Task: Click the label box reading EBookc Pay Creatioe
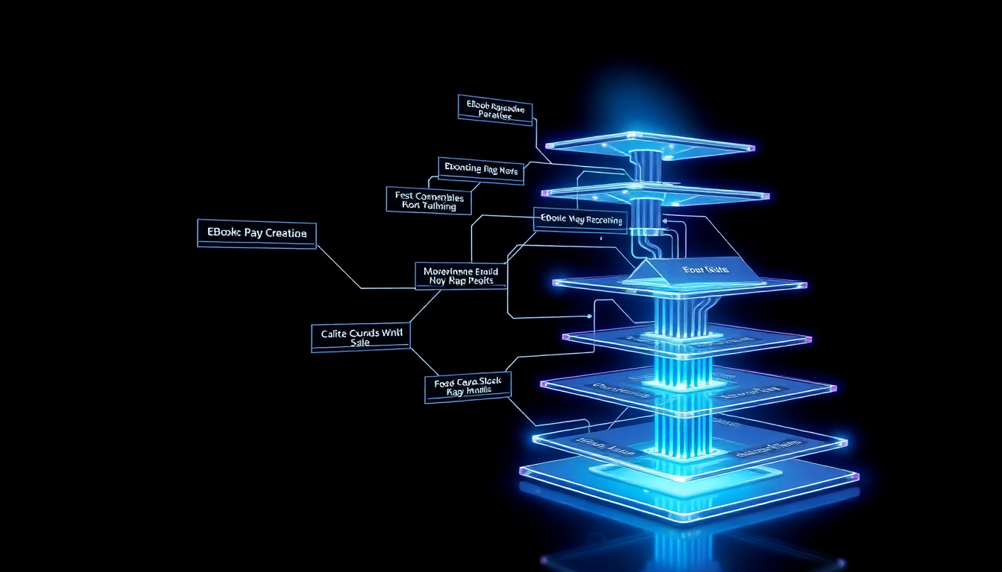click(x=256, y=233)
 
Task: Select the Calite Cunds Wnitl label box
click(x=361, y=337)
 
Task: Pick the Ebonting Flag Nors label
click(x=481, y=170)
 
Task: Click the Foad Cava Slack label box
click(x=467, y=387)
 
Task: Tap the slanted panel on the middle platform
click(x=693, y=270)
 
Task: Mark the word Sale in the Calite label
click(x=359, y=343)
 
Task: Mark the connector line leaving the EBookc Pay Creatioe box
click(x=339, y=266)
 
